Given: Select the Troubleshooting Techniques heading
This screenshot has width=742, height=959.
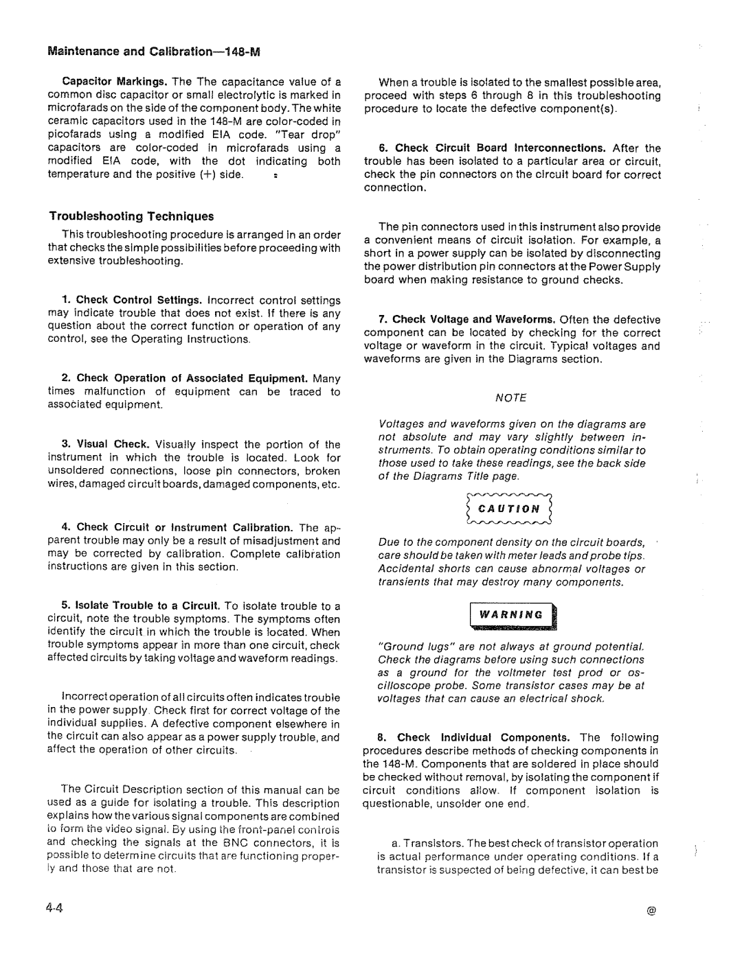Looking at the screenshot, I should [131, 216].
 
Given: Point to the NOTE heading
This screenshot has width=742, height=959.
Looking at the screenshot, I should [513, 397].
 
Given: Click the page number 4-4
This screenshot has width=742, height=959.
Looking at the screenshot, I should [56, 906].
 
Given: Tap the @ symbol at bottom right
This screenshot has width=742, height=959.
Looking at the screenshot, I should [651, 909].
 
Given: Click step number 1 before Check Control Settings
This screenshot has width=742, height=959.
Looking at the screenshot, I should [66, 300].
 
